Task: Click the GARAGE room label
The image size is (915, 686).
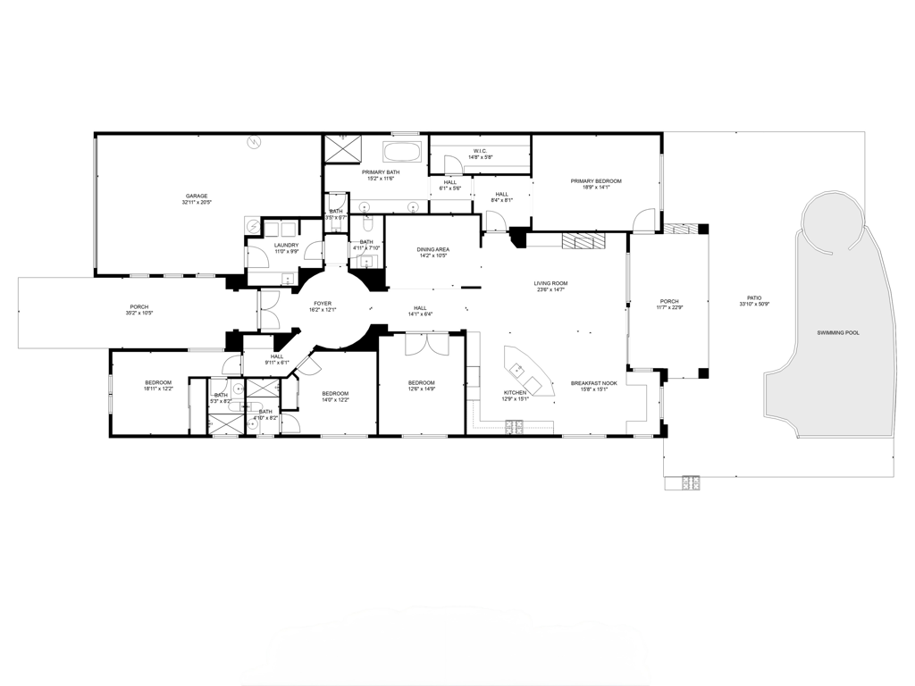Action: coord(197,196)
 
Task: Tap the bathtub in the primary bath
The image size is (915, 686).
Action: coord(400,150)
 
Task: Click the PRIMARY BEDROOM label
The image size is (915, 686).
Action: coord(595,181)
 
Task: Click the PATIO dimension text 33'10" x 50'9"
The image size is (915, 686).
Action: coord(755,305)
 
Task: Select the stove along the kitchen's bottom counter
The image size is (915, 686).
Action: coord(516,430)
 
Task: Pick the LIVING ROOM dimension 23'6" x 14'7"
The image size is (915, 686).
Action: coord(552,289)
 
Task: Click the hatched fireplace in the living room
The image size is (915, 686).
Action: coord(583,241)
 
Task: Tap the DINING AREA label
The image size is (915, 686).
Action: coord(433,249)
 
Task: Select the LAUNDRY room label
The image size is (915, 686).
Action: coord(286,245)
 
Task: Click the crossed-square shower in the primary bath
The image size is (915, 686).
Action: coord(340,148)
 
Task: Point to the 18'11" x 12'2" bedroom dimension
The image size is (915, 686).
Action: coord(157,389)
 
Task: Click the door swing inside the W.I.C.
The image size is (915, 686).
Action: coord(454,163)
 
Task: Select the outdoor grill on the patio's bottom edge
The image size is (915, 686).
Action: coord(691,483)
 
